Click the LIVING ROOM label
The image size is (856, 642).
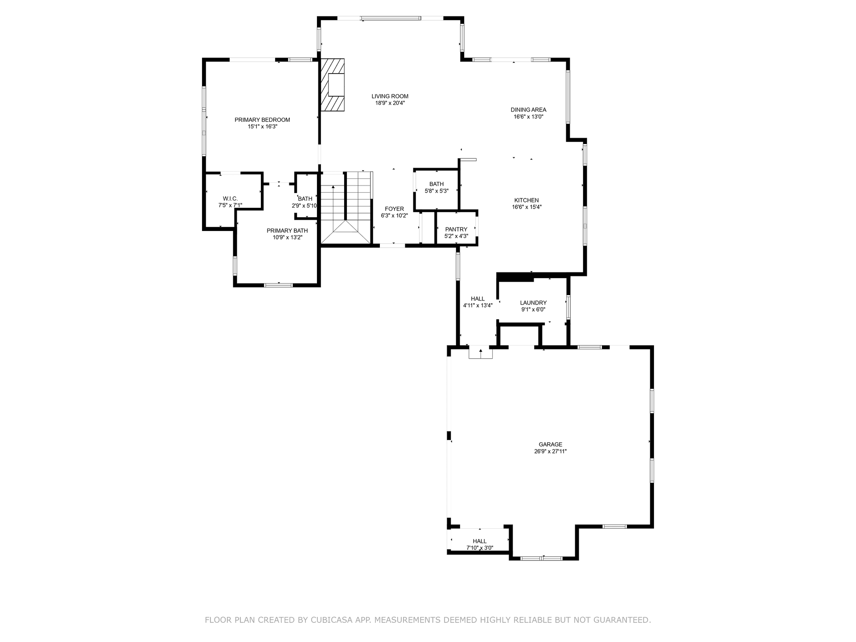(390, 96)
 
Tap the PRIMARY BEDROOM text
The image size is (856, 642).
(263, 120)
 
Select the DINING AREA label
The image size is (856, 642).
(529, 110)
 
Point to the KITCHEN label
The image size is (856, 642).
(527, 200)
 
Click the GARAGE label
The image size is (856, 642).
(551, 444)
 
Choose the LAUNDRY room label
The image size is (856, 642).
(533, 303)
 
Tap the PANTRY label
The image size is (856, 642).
(456, 230)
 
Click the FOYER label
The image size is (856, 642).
(395, 209)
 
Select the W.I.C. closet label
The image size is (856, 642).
(230, 199)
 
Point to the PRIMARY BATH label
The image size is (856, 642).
(288, 231)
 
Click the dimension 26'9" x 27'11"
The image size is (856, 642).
(551, 452)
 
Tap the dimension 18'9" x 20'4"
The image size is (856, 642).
(390, 103)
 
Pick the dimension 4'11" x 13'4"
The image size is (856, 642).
(478, 306)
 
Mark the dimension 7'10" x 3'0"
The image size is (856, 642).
(480, 548)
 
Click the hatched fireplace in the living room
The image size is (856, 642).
(333, 85)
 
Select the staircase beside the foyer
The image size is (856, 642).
(346, 208)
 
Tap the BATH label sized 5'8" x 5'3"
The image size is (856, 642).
(436, 184)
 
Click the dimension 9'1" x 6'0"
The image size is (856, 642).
(533, 309)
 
